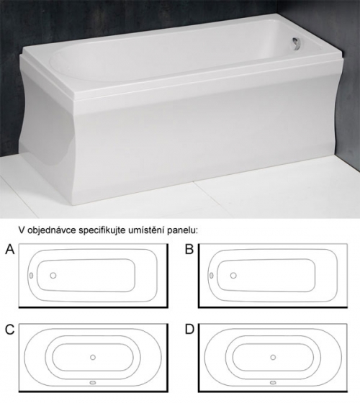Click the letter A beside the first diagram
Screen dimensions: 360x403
(10, 249)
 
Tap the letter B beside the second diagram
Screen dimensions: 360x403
(189, 249)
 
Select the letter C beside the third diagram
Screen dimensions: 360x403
(10, 330)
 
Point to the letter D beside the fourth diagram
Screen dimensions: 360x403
(189, 330)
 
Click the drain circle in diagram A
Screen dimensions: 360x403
(53, 276)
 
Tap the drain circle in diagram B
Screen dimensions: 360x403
(233, 276)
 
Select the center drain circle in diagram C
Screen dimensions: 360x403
(93, 357)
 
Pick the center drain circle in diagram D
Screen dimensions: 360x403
(273, 357)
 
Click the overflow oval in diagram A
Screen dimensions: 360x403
(31, 276)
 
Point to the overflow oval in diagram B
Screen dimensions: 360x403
(212, 276)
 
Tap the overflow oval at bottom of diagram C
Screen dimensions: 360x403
(93, 383)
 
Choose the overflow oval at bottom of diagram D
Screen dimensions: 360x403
(273, 383)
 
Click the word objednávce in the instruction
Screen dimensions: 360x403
(51, 230)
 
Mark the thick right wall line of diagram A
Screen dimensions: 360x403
(168, 276)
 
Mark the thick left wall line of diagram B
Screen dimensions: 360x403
(199, 276)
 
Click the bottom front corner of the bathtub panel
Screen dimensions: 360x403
(75, 205)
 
